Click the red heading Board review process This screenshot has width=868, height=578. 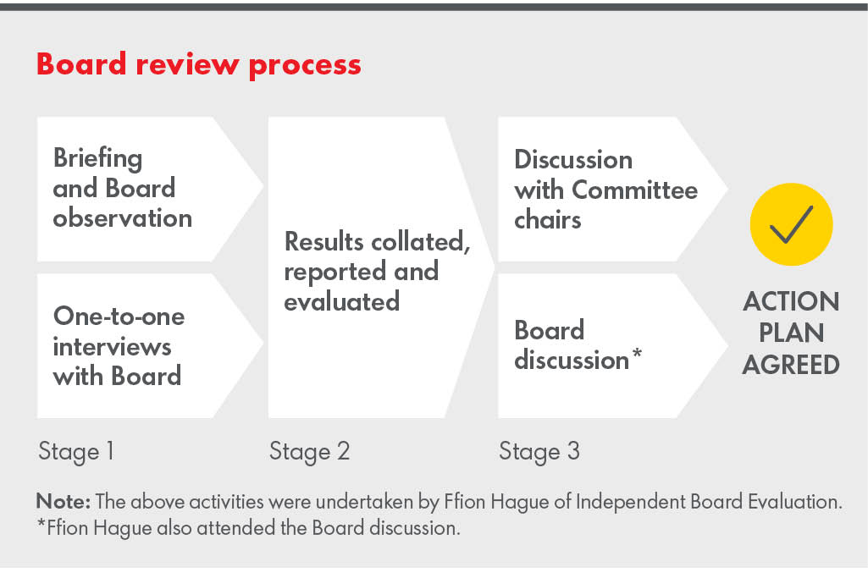(x=199, y=65)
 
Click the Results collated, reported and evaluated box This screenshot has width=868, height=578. (x=373, y=271)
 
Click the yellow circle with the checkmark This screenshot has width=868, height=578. (x=791, y=224)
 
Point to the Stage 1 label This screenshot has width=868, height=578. (x=76, y=451)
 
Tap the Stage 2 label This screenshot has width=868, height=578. (x=309, y=451)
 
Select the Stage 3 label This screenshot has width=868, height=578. (x=539, y=451)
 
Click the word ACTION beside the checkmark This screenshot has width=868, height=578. (x=791, y=302)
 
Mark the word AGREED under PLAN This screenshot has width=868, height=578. (x=791, y=364)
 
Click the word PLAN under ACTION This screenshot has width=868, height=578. (x=791, y=333)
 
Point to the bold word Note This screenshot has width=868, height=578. (x=58, y=501)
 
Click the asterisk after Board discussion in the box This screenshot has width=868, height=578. (x=636, y=355)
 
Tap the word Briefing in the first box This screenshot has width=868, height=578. (x=97, y=158)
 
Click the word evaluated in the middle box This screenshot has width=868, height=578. (x=341, y=301)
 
